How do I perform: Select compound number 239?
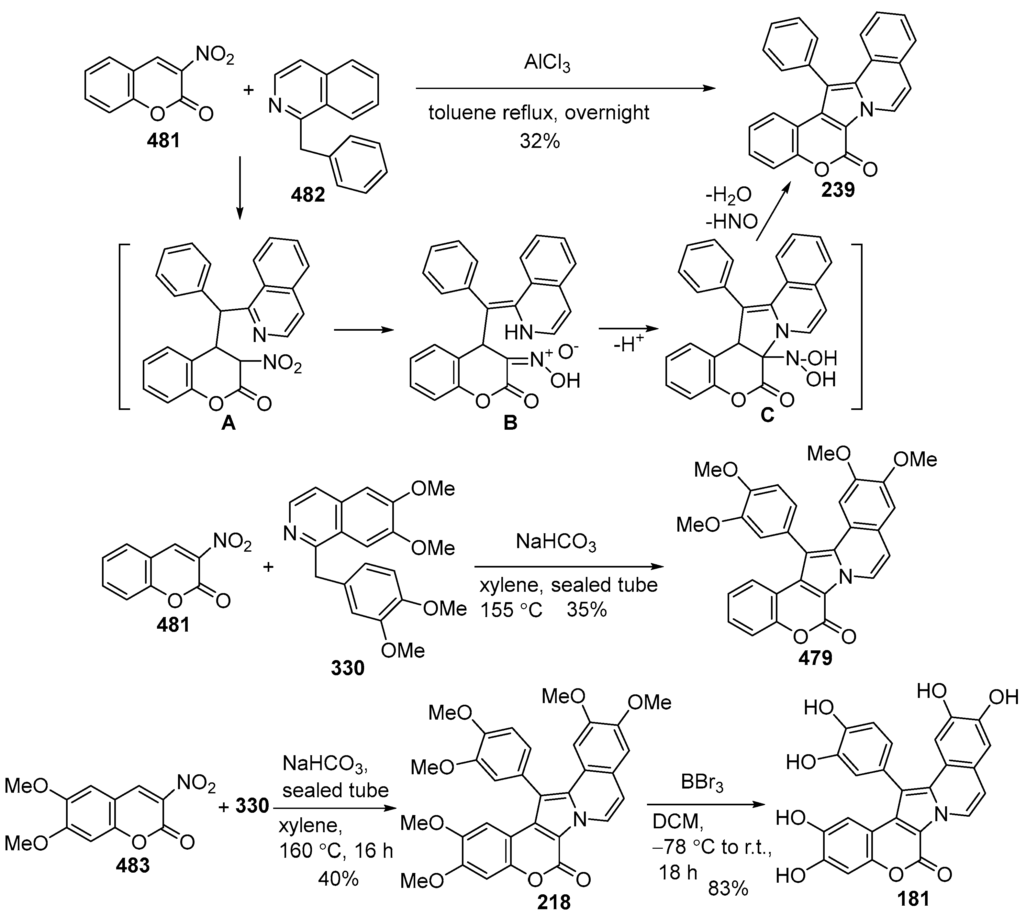click(838, 190)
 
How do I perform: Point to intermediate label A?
click(229, 424)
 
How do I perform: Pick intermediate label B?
click(510, 423)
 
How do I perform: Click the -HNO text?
click(731, 222)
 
